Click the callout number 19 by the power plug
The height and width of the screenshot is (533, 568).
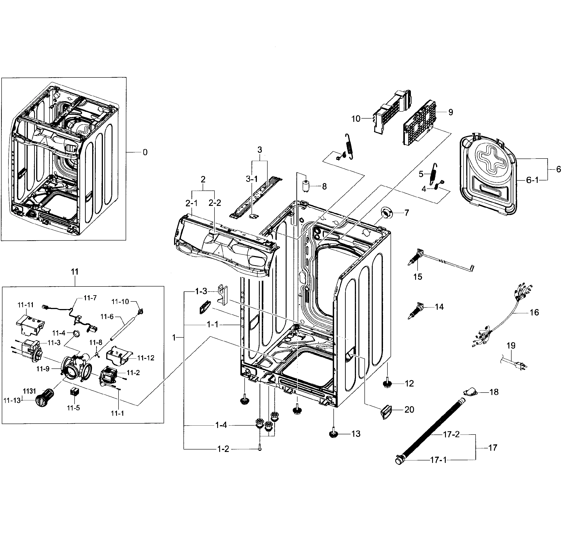[x=511, y=345]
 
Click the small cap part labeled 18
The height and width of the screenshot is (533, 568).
[x=470, y=392]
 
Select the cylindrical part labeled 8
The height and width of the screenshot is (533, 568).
[x=306, y=186]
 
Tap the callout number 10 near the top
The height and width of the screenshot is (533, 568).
[x=356, y=119]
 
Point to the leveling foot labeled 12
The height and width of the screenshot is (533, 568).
[x=388, y=384]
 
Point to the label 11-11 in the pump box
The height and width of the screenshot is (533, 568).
[x=25, y=305]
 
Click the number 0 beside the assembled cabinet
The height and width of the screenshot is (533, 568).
[x=145, y=153]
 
